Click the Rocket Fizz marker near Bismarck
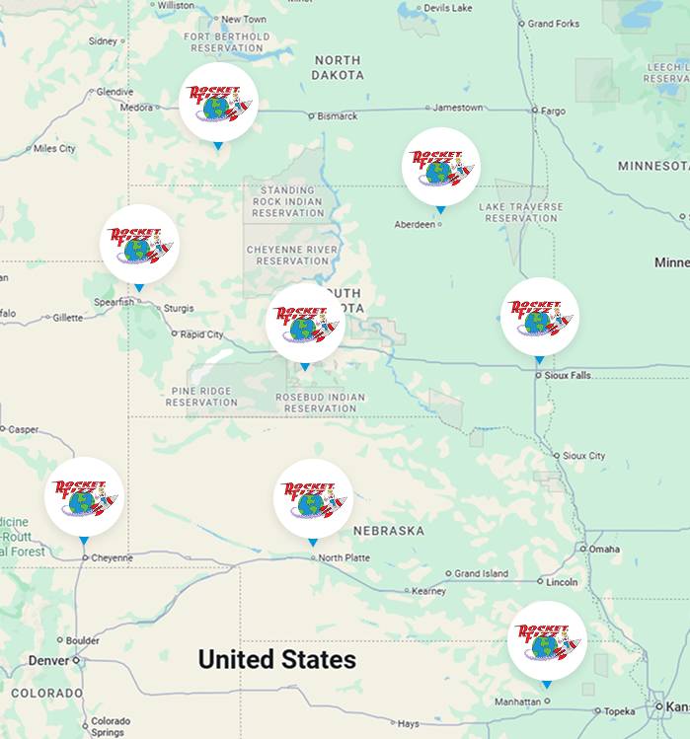tap(218, 103)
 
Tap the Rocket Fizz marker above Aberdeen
tap(440, 167)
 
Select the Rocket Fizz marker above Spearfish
tap(139, 244)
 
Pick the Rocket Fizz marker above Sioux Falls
tap(539, 317)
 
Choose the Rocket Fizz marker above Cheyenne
tap(84, 496)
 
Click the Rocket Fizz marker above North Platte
tap(312, 498)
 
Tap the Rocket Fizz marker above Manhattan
tap(546, 640)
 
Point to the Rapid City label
tap(201, 334)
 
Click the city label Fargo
tap(553, 111)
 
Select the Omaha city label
tap(603, 549)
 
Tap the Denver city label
tap(48, 660)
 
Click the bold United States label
tap(276, 659)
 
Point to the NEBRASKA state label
tap(388, 531)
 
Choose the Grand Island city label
tap(482, 573)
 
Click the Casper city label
tap(23, 429)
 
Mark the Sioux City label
tap(583, 456)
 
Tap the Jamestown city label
tap(458, 108)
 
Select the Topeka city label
tap(619, 710)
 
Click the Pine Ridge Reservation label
tap(201, 397)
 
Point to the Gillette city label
tap(67, 318)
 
